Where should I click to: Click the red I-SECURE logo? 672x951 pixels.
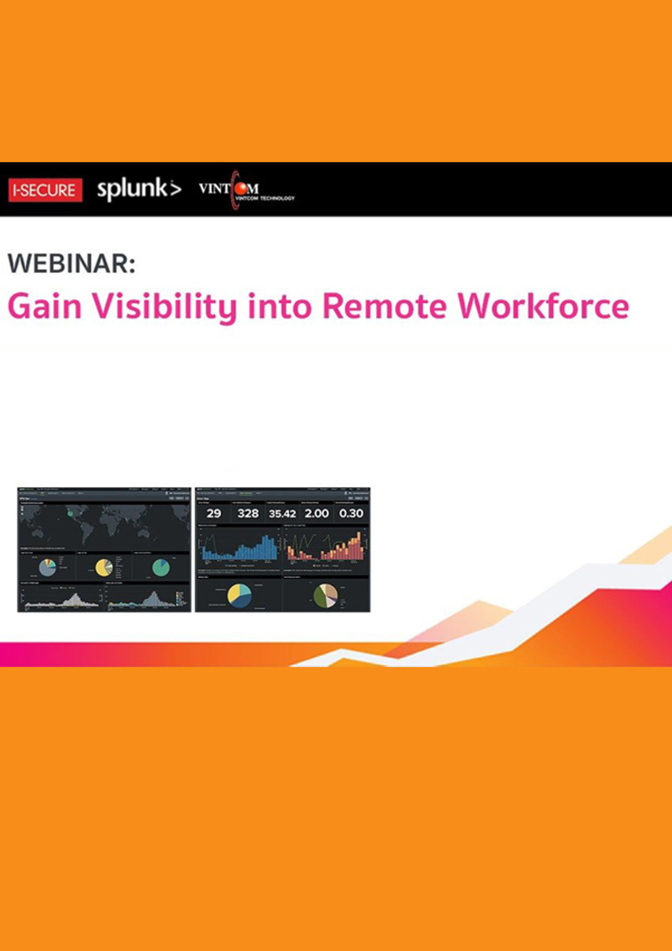(x=45, y=190)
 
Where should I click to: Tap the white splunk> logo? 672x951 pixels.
(x=139, y=189)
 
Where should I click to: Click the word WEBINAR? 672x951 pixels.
(x=71, y=263)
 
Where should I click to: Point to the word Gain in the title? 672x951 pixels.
(x=45, y=307)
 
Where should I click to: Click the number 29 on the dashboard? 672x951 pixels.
(x=213, y=513)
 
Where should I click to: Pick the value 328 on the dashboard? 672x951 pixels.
(x=248, y=513)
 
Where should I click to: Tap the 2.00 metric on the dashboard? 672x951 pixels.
(x=317, y=513)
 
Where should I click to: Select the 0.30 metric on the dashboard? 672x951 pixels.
(x=351, y=513)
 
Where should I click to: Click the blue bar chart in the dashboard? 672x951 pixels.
(x=239, y=548)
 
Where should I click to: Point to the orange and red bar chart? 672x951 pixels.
(x=325, y=548)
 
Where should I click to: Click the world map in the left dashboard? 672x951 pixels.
(x=104, y=524)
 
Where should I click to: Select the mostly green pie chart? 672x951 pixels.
(x=160, y=568)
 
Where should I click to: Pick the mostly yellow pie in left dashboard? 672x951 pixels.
(x=104, y=568)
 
